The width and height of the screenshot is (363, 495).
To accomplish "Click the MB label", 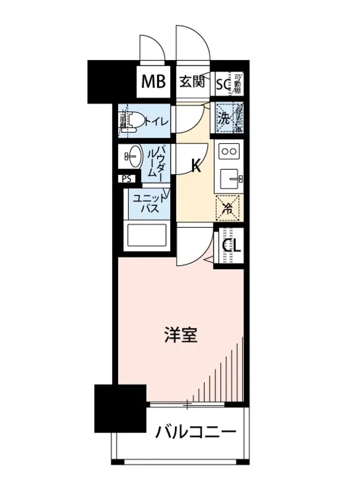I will (153, 82).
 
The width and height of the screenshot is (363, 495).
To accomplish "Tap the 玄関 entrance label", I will (192, 82).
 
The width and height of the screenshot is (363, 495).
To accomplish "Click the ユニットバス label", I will (150, 203).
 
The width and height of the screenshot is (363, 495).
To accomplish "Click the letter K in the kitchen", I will (196, 166).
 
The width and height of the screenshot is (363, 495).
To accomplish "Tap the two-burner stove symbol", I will (229, 151).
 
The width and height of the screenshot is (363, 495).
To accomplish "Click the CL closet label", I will (231, 247).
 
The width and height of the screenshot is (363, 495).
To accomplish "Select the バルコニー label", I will (196, 433).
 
